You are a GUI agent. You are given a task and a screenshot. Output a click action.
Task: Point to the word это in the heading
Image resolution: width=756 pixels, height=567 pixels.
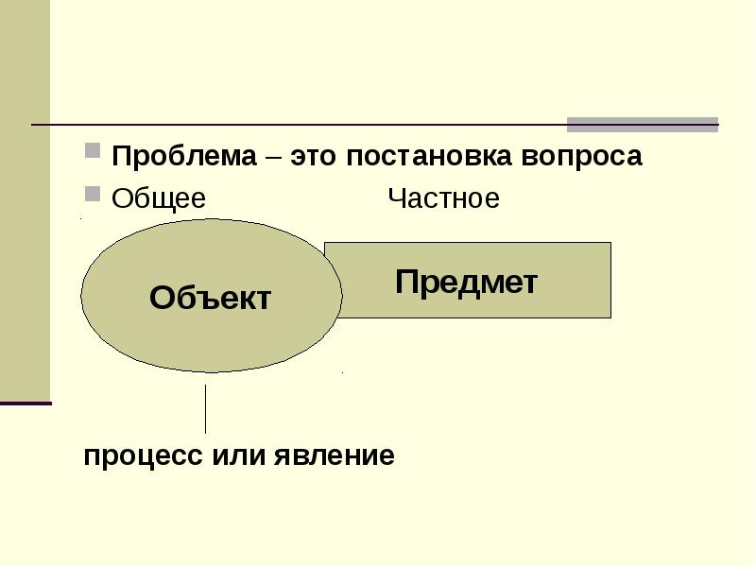[x=315, y=156]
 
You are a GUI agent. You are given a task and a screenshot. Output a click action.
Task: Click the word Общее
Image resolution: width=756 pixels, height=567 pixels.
[x=159, y=199]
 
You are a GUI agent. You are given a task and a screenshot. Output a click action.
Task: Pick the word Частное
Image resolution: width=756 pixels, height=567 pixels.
[x=443, y=199]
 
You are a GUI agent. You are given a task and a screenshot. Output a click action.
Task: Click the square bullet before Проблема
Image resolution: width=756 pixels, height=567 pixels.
[x=93, y=151]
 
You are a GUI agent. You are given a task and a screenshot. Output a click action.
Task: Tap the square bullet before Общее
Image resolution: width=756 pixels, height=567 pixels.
[x=93, y=195]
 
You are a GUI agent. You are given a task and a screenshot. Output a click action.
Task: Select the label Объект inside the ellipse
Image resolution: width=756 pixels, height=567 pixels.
[x=210, y=299]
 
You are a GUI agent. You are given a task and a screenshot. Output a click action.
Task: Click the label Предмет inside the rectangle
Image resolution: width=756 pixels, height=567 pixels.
[x=467, y=282]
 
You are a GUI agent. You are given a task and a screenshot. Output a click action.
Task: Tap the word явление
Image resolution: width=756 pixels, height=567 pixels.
[x=335, y=455]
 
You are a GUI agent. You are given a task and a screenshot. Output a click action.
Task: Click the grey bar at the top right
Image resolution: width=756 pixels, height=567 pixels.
[x=642, y=125]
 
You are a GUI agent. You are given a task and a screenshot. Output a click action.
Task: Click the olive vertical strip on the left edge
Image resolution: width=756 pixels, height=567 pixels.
[x=25, y=198]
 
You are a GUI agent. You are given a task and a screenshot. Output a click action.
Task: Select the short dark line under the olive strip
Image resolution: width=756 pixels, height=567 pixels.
[x=26, y=404]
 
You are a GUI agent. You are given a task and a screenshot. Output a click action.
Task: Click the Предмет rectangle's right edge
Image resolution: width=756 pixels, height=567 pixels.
[x=610, y=280]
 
